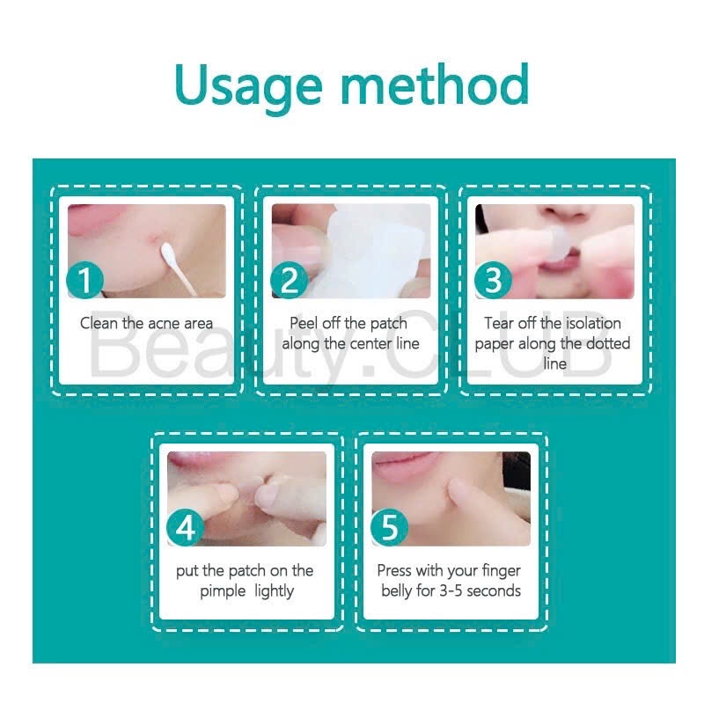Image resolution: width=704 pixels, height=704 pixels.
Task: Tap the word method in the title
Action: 435,84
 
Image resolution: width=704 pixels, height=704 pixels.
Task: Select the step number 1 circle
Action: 84,280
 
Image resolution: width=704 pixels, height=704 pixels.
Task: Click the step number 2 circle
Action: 290,280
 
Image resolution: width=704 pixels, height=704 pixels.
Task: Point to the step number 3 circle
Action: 493,280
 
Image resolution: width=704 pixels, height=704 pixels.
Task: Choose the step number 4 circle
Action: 185,527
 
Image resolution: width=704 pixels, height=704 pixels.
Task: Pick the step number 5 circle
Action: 389,527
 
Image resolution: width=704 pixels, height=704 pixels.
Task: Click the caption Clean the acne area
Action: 146,323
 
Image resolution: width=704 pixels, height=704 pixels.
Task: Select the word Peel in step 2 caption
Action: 304,323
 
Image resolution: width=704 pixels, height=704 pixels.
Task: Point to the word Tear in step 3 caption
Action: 498,323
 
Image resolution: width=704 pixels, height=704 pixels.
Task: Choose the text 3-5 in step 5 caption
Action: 451,590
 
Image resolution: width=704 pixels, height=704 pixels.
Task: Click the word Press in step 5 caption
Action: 394,570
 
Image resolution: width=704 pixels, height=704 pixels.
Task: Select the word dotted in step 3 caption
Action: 608,343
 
